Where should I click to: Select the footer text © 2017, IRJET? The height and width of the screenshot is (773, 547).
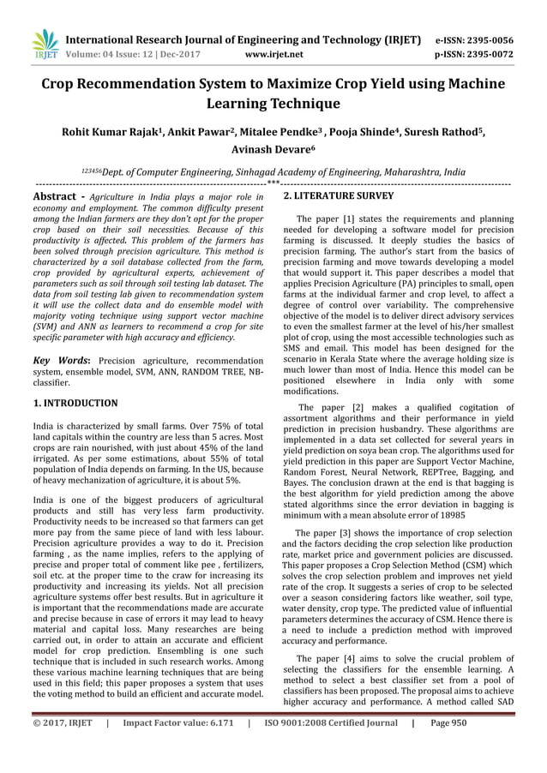click(62, 747)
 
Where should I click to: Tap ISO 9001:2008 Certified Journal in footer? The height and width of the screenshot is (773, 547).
click(330, 747)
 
